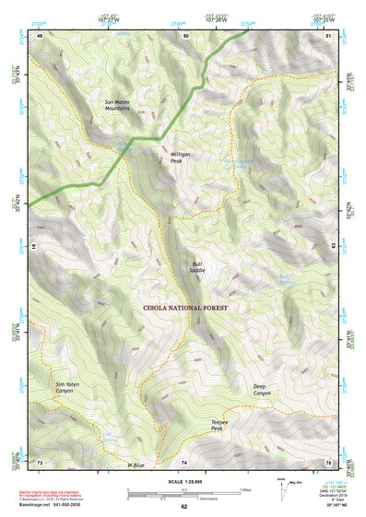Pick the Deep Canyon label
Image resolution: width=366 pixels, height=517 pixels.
click(x=263, y=390)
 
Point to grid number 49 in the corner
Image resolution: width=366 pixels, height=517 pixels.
click(x=40, y=35)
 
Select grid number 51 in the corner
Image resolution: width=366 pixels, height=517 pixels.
click(x=328, y=35)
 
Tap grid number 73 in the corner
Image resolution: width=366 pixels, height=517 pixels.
click(x=40, y=461)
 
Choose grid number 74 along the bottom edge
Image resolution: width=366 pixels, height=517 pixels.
click(x=183, y=461)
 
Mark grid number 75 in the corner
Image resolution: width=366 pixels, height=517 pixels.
click(x=328, y=461)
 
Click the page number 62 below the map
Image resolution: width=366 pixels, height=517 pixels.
click(x=183, y=506)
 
